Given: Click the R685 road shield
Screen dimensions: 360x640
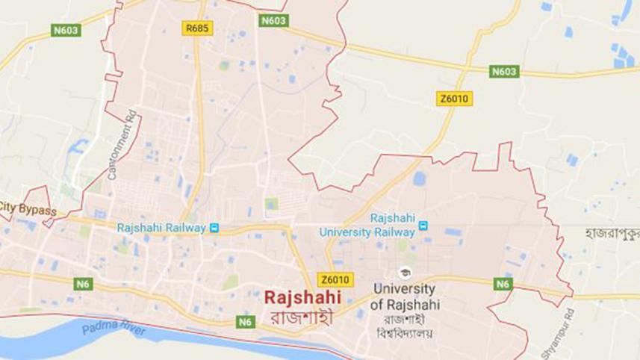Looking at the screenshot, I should coord(198,28).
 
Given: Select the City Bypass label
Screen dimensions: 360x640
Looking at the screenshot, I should coord(28,211).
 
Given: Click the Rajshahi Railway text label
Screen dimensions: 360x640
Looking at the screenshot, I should coord(161,228).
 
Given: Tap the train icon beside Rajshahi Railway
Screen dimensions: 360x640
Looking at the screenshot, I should coord(214,228).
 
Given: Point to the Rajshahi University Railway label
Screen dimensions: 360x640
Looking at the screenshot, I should coord(367,225).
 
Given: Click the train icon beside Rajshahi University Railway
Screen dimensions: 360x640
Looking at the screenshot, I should coord(423,225).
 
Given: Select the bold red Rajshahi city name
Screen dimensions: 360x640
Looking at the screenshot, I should coord(302,297).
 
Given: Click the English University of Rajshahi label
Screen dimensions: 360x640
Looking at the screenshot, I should coord(406,296).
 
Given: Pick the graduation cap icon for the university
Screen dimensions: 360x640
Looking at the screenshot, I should coord(405,272).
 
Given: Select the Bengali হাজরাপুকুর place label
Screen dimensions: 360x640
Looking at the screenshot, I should coord(612,233).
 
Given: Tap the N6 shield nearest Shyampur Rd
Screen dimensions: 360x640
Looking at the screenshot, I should coord(503,284).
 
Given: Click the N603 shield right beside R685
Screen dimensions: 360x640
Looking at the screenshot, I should coord(273,21).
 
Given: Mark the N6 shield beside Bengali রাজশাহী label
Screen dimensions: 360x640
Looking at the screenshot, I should coord(245,322).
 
